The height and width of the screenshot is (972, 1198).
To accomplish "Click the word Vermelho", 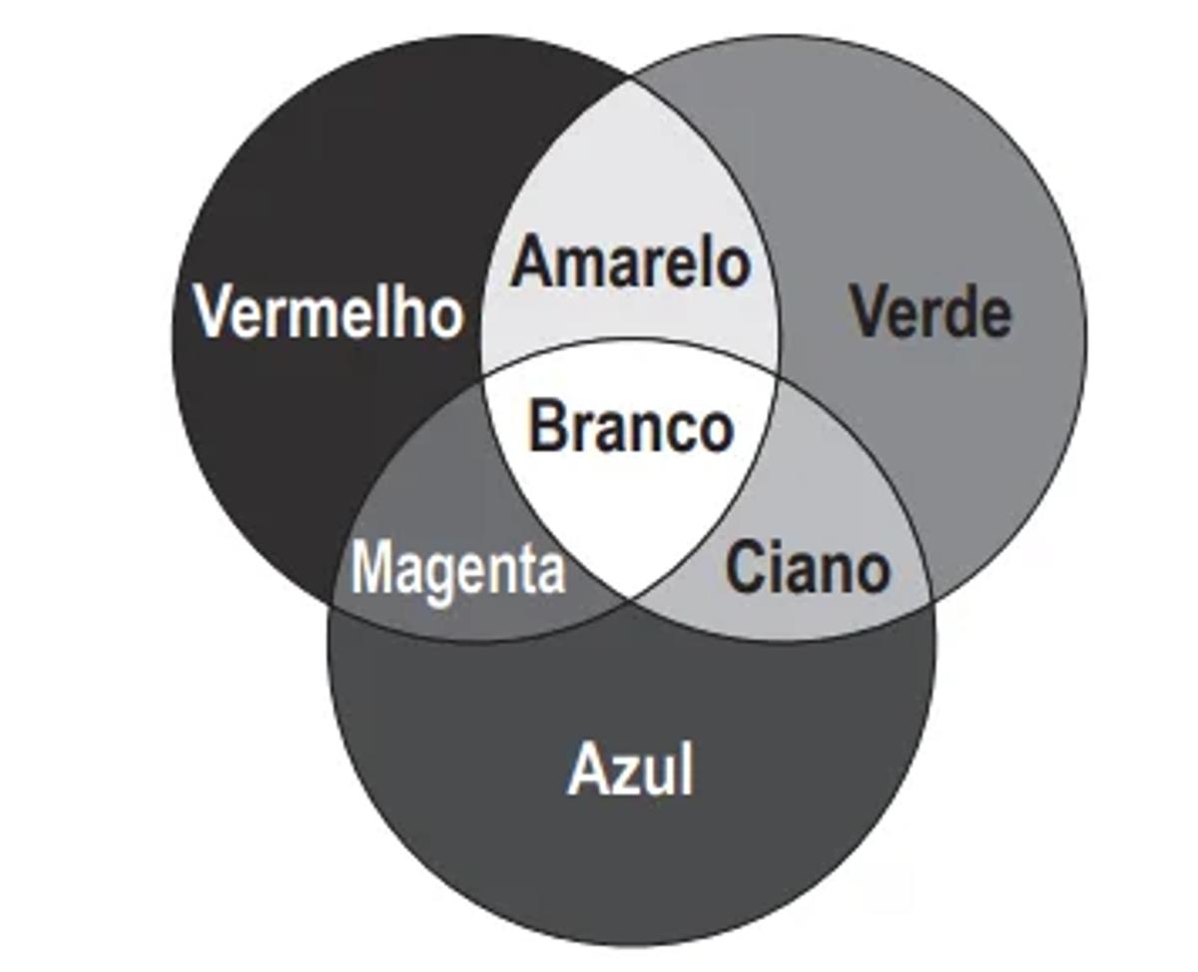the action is (x=328, y=310).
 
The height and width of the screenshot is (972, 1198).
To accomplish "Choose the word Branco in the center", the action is (x=630, y=426).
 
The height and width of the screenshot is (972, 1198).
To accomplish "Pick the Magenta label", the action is (x=458, y=569).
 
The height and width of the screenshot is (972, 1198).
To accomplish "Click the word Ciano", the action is (x=807, y=569).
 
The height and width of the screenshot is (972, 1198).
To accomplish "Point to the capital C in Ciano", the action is (x=744, y=569).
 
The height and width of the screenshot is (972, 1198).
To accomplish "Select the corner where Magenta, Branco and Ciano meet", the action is (x=631, y=600).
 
